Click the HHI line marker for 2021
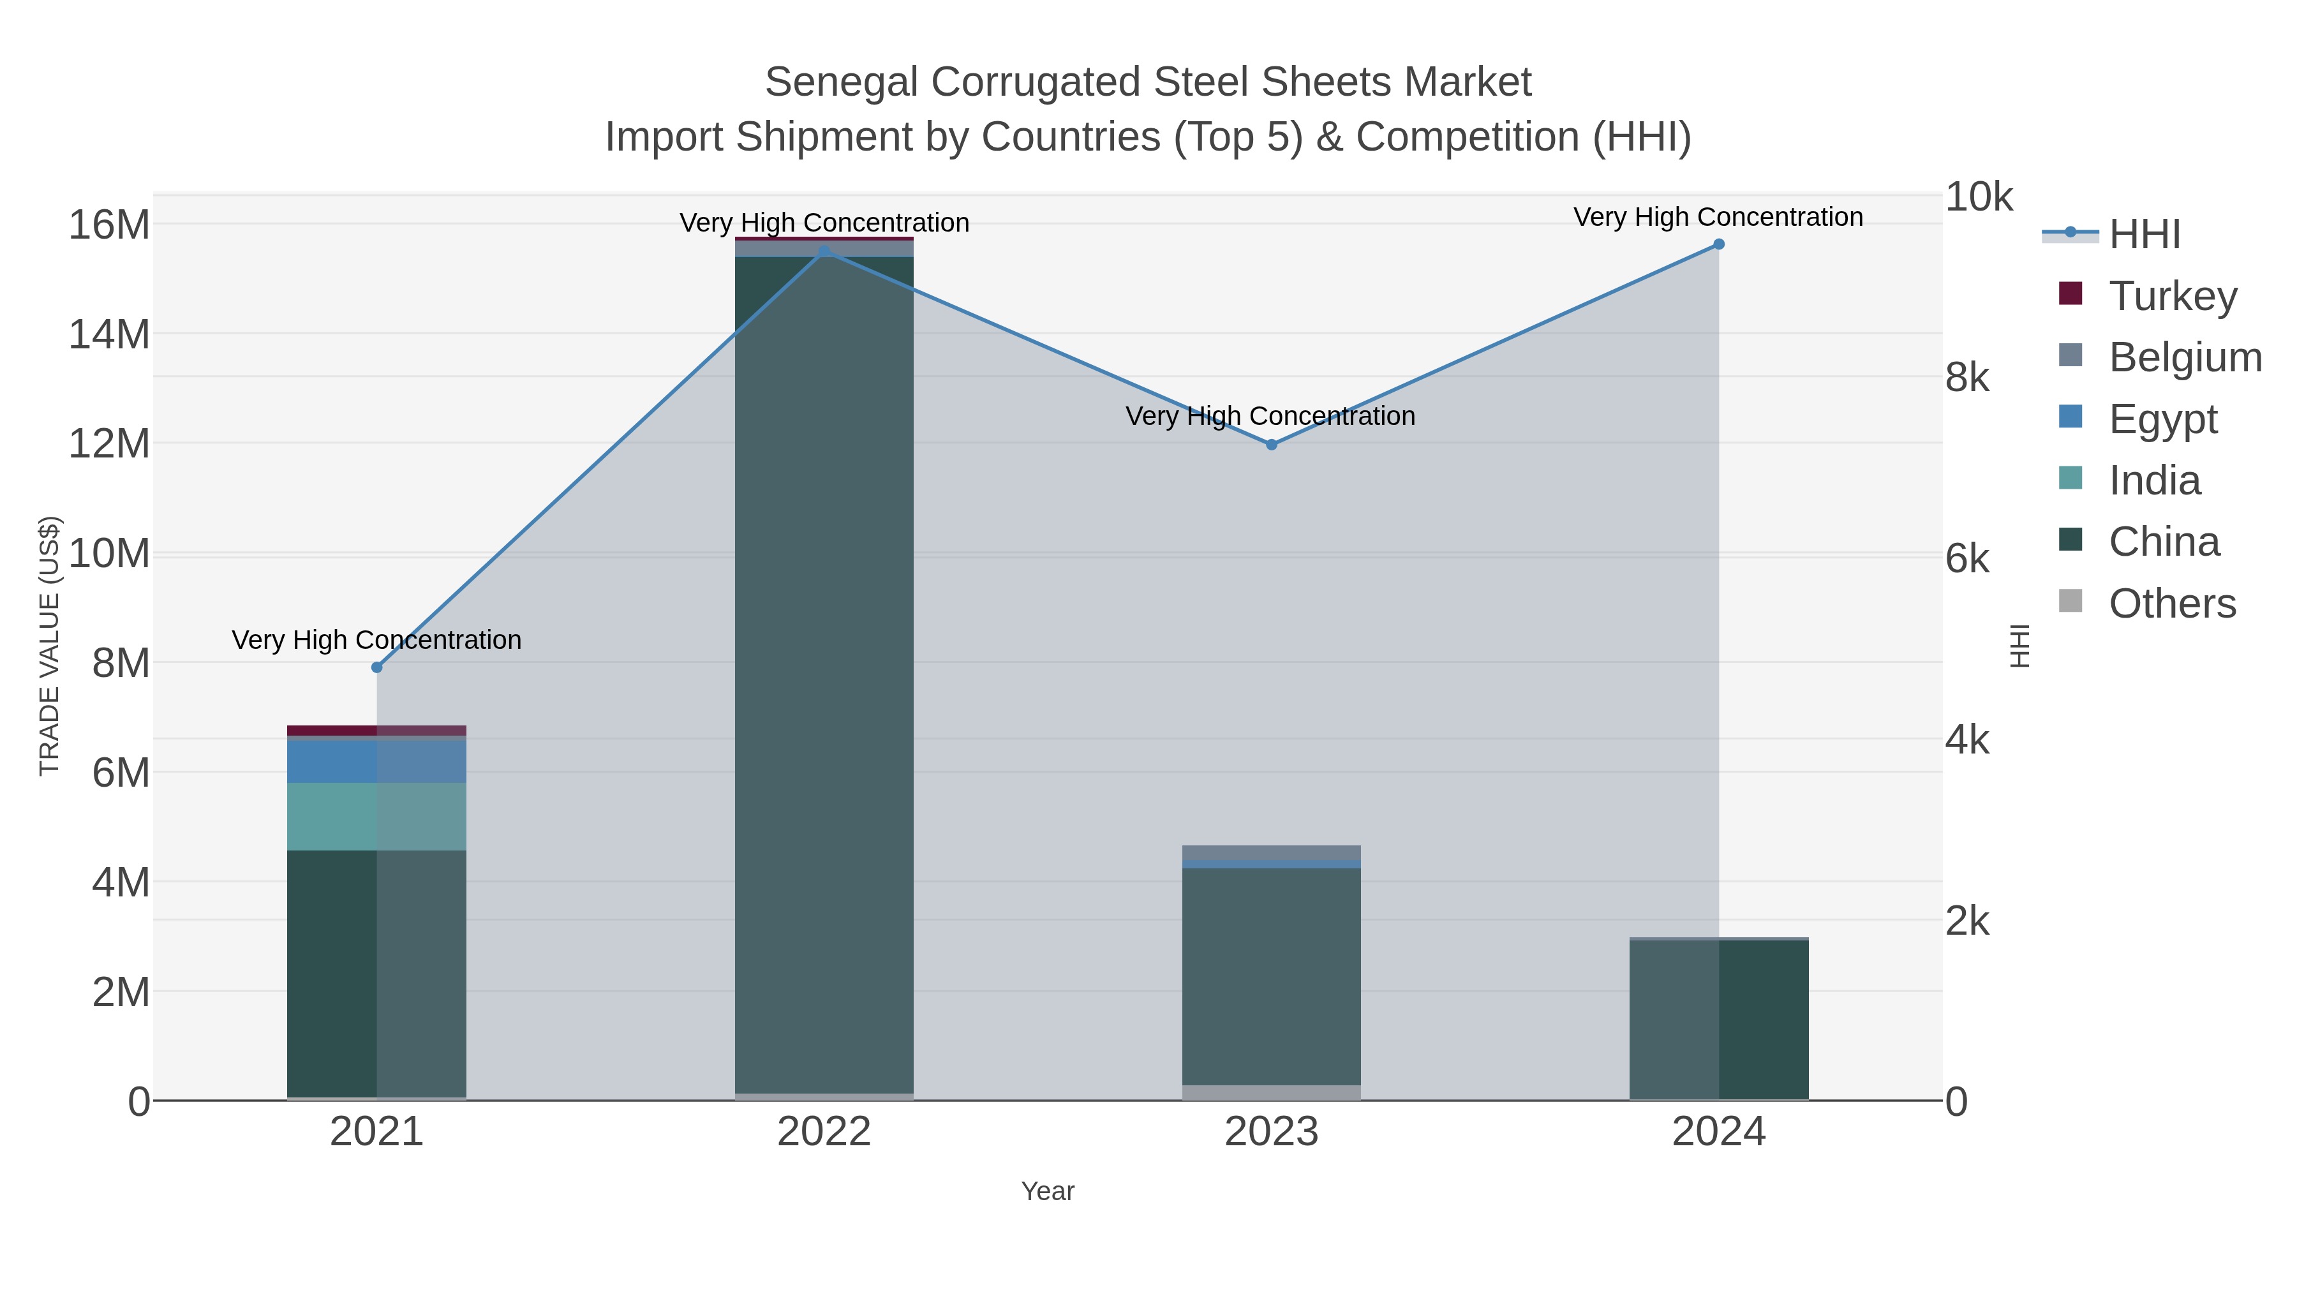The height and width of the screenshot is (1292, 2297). point(376,667)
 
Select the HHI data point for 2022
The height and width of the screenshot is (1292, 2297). point(824,251)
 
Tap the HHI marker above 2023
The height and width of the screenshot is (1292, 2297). point(1272,444)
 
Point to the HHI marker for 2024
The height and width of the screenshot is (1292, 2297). point(1718,244)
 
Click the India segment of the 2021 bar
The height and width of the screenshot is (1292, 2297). point(376,816)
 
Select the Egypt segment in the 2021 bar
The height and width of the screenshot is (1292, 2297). point(376,761)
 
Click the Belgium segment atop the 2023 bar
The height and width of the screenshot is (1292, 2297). point(1272,852)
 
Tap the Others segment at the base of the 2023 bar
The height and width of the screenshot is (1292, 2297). point(1272,1092)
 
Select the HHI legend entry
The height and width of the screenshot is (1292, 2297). point(2145,235)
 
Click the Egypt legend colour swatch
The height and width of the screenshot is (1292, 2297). point(2070,417)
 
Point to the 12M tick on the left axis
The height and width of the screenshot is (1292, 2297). point(108,444)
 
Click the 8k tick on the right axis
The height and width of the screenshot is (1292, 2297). point(1967,378)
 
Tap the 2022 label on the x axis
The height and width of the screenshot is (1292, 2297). point(824,1132)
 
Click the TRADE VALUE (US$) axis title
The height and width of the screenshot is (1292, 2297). point(49,646)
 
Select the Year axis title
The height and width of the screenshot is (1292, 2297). point(1048,1191)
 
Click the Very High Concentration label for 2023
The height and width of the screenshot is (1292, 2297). point(1270,417)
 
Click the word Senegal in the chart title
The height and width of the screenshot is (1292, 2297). point(841,82)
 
